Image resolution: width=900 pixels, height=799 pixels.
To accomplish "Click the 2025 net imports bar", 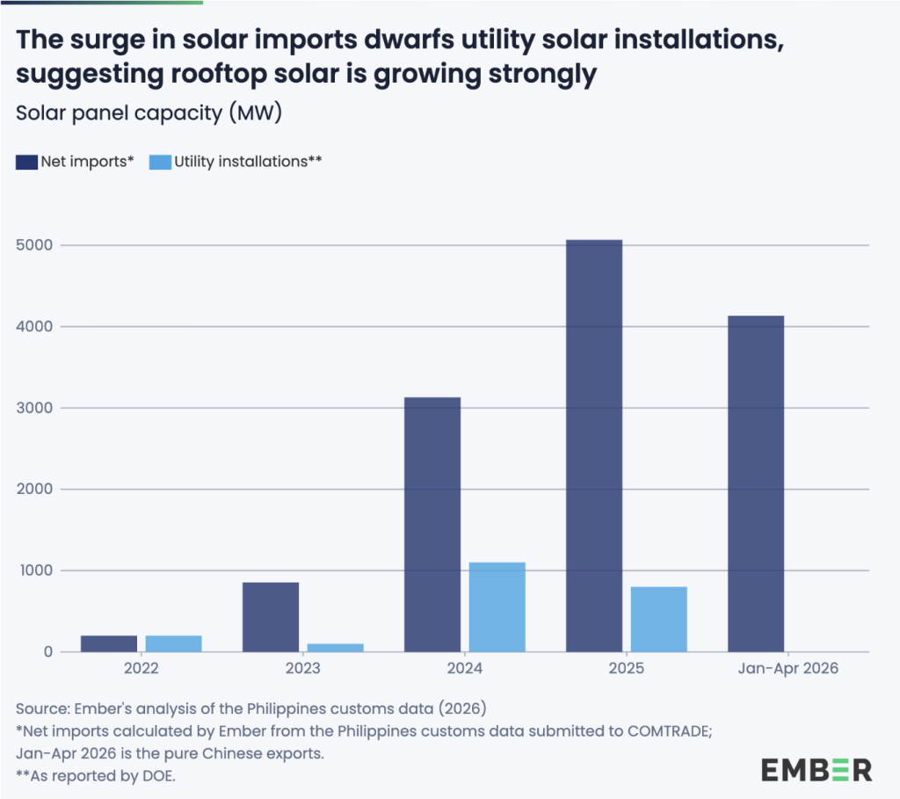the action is pos(594,446).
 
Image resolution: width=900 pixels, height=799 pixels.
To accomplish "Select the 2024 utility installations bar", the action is pos(497,607).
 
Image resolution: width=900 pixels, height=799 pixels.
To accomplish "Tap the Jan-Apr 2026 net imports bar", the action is pos(756,483).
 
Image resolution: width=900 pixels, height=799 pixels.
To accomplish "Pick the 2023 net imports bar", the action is pos(271,617).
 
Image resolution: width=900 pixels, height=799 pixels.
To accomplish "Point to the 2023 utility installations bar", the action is pos(335,648).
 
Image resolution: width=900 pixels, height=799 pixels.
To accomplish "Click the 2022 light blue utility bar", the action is pos(173,643).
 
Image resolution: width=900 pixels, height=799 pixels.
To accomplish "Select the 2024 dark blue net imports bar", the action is pos(432,525).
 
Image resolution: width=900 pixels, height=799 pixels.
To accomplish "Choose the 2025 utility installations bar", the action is pos(659,620).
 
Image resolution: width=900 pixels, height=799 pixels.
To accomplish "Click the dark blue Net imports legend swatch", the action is pos(26,162).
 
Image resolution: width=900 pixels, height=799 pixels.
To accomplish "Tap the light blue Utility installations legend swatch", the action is pos(160,162).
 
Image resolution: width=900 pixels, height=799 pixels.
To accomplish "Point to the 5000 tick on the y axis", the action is pos(34,245).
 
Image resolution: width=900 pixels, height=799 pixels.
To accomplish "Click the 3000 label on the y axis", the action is pos(34,408).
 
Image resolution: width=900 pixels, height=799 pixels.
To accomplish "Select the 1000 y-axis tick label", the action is pos(35,570).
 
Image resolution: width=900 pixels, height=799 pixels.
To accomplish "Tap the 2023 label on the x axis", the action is pos(303,668).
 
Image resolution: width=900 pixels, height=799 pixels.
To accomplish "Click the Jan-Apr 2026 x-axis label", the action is pos(788,668).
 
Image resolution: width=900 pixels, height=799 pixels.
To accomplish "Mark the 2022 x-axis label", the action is pos(142,668).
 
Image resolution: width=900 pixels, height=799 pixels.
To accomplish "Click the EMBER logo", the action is pos(817,770).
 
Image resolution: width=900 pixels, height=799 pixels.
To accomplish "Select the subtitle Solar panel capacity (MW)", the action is pos(149,113).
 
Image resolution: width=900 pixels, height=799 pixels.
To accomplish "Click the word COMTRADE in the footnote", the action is pos(669,731).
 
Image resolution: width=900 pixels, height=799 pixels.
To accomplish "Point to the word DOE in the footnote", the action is pos(158,776).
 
